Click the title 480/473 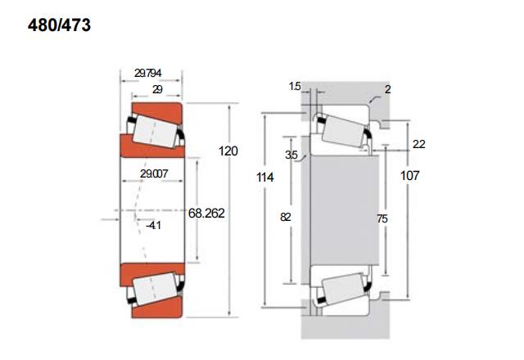[x=59, y=25]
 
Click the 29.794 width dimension [x=147, y=73]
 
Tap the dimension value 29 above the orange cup [x=157, y=89]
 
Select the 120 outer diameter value [x=228, y=151]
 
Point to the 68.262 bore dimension [x=206, y=213]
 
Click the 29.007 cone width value [x=154, y=173]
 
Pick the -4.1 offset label [x=153, y=226]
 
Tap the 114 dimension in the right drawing [x=265, y=177]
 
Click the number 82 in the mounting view [x=286, y=217]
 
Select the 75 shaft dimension [x=382, y=218]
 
